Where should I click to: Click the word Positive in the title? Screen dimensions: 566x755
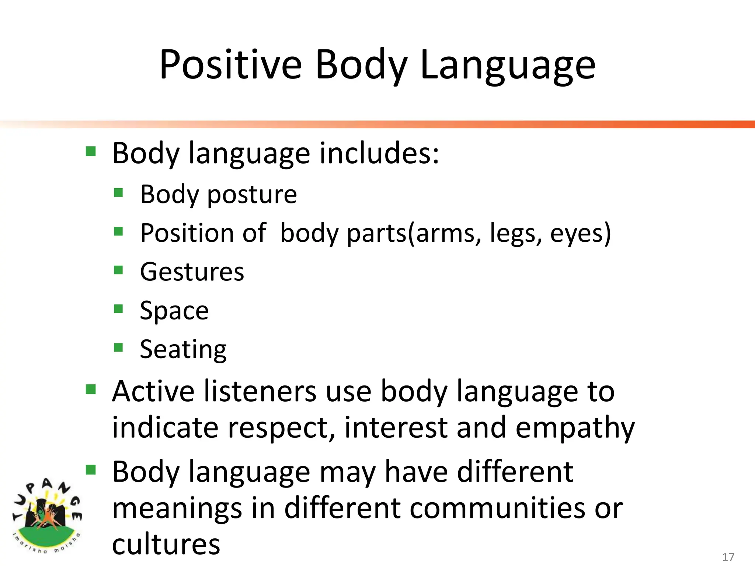tap(230, 65)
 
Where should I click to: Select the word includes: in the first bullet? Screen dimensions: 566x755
tap(379, 153)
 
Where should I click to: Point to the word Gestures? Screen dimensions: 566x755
tap(192, 272)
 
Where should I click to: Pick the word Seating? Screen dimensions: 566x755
tap(183, 350)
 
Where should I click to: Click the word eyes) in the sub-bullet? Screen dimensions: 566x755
tap(580, 234)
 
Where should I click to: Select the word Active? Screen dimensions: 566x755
tap(153, 391)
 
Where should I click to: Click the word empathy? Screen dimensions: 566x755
tap(575, 428)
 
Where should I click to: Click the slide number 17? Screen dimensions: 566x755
tap(728, 557)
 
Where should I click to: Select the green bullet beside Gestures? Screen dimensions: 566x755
tap(118, 270)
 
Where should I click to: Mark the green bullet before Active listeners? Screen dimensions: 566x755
tap(91, 389)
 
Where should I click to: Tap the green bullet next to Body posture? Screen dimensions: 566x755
tap(118, 193)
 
